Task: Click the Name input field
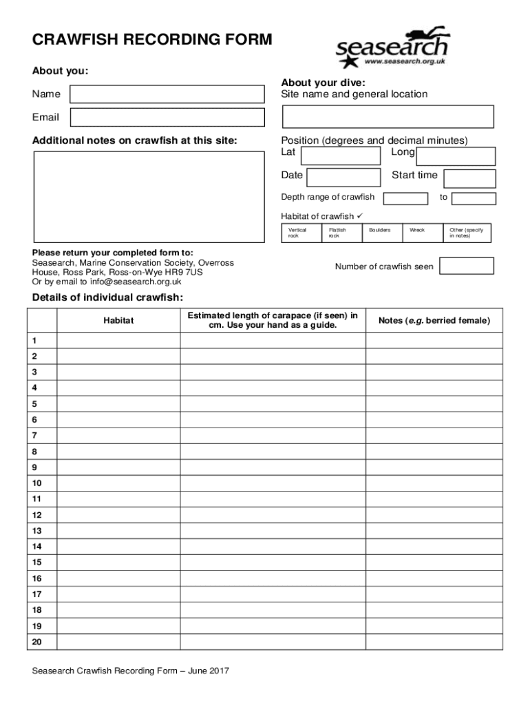coord(167,94)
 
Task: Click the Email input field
coord(167,118)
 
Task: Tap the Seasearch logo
coord(391,49)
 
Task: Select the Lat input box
coord(342,156)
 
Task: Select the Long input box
coord(456,156)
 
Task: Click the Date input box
coord(343,178)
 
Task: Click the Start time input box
coord(469,179)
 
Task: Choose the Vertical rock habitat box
coord(301,233)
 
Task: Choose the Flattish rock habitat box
coord(341,233)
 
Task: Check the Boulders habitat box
coord(382,233)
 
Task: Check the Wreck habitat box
coord(422,233)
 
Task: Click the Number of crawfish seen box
coord(466,266)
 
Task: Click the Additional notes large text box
coord(149,197)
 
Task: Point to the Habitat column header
coord(118,321)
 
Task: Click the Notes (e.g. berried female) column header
coord(434,321)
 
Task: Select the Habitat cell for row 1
coord(118,341)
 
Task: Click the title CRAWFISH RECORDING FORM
coord(152,40)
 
